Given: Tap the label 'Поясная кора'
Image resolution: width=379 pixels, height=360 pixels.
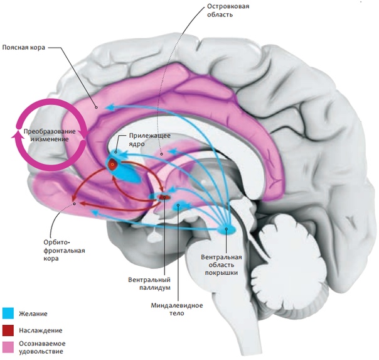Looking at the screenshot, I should point(23,46).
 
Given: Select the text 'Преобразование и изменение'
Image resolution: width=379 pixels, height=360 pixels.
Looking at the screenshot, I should point(46,134).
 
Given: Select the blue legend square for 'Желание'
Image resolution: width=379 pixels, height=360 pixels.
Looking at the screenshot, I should point(8,312).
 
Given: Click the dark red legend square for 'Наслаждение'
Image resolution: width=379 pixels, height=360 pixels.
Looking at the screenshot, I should point(8,329).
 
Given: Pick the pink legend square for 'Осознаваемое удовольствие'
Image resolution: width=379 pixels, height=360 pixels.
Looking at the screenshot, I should point(8,346).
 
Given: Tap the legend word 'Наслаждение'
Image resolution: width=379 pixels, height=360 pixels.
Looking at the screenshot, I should point(40,329).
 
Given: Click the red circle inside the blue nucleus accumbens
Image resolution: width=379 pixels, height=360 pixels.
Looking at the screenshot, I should point(113,165).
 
